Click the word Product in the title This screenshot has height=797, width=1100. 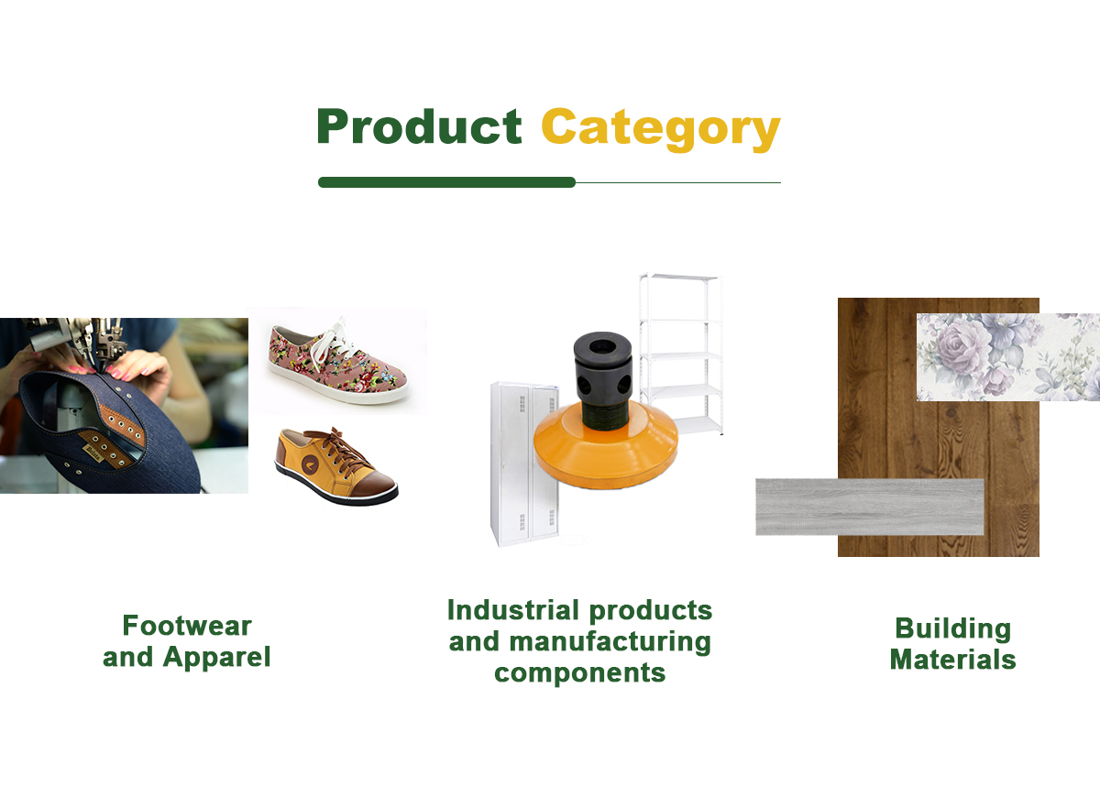420,126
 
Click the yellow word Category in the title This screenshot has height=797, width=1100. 661,129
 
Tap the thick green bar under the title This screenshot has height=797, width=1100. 447,182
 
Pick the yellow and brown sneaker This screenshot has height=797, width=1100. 336,466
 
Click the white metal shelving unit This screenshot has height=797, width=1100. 681,354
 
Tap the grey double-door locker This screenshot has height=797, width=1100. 524,464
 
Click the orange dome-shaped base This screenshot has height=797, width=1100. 606,449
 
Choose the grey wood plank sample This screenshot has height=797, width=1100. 870,507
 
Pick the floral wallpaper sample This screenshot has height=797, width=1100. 1008,356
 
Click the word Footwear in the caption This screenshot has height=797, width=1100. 187,626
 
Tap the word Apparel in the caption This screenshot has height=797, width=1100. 216,658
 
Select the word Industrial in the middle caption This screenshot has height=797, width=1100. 513,610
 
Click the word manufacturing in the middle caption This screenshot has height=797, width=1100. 610,642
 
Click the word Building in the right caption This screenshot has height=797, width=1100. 953,629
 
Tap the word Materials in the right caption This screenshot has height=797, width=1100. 953,660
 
